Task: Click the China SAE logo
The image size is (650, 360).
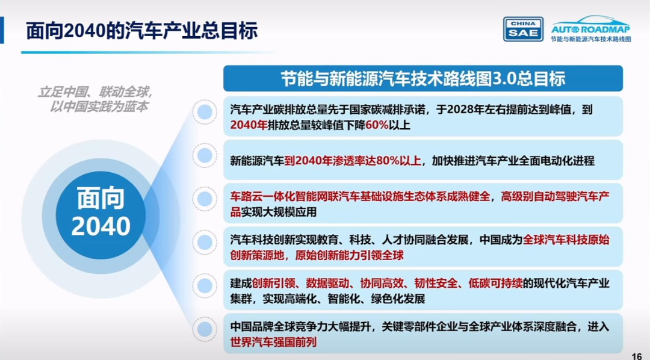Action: [x=523, y=29]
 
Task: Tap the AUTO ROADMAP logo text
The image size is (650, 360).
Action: [x=590, y=29]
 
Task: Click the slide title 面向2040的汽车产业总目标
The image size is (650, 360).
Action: [x=142, y=31]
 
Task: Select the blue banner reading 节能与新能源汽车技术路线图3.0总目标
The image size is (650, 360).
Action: [x=423, y=78]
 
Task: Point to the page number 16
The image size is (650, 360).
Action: [x=637, y=356]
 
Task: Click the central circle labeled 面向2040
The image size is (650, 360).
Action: [x=101, y=216]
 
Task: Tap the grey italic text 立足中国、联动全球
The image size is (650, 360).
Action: [x=96, y=92]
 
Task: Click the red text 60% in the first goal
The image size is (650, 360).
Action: [x=377, y=125]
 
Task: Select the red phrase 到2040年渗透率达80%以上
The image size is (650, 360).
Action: [x=353, y=161]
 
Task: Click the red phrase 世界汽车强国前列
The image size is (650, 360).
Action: [x=273, y=342]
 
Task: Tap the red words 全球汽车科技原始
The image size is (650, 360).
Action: [x=566, y=240]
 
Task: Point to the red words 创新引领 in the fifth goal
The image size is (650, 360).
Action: [x=274, y=284]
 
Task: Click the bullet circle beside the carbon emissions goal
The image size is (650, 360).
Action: [x=205, y=112]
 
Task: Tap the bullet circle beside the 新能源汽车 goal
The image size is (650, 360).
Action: [x=205, y=155]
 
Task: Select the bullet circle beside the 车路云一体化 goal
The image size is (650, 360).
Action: [x=205, y=199]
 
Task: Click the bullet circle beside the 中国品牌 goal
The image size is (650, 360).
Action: [x=205, y=329]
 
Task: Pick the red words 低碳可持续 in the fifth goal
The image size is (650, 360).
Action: [x=495, y=284]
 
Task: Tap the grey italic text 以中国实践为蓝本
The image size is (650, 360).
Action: [x=99, y=107]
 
